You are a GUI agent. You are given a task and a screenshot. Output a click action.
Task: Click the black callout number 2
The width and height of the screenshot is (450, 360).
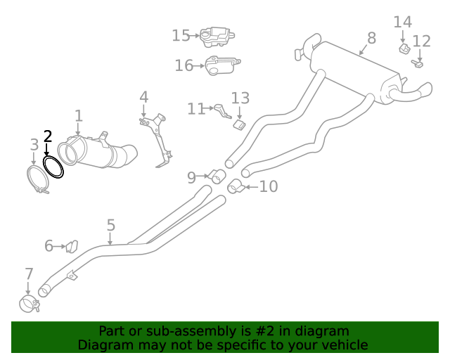pyautogui.click(x=48, y=136)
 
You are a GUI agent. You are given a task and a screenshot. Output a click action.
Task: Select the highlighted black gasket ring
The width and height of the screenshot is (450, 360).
pyautogui.click(x=53, y=167)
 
